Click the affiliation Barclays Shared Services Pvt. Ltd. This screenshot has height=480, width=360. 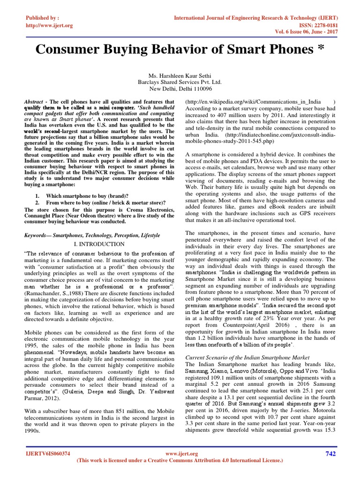tap(180, 81)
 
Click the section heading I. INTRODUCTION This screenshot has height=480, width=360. tap(99, 244)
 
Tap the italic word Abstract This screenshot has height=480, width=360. tap(35, 101)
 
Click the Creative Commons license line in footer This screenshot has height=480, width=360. tap(180, 461)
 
